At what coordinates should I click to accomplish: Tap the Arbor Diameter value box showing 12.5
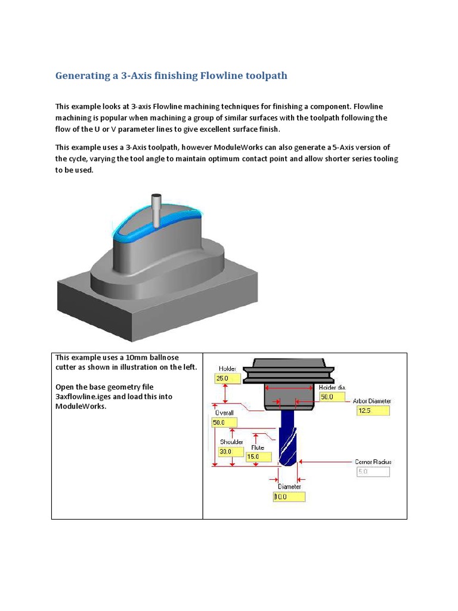point(373,411)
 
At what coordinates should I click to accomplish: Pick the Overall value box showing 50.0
point(224,422)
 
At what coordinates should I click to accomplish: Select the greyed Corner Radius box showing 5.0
point(373,472)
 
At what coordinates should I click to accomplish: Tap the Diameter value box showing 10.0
point(289,496)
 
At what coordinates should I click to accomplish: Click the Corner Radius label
point(373,462)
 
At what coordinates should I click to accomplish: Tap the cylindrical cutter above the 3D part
point(157,211)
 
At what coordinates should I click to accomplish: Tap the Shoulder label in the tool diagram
point(231,442)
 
